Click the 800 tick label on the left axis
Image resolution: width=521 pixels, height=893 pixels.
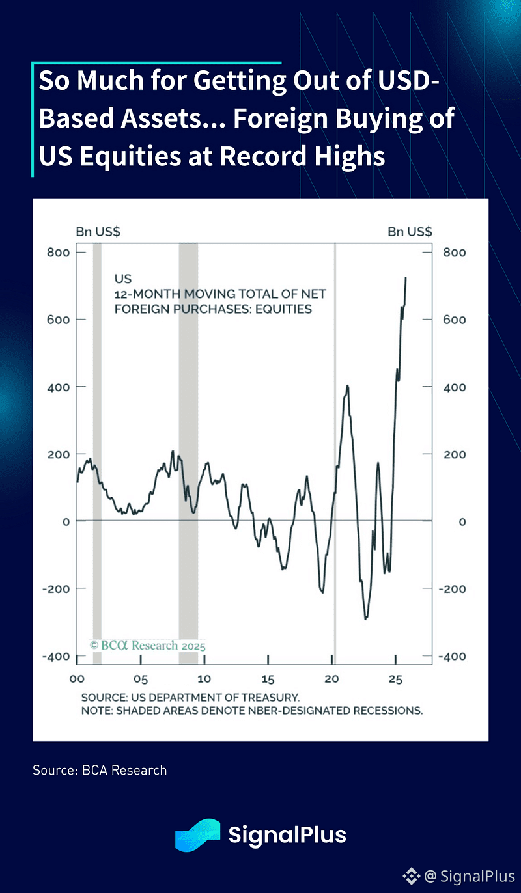[57, 252]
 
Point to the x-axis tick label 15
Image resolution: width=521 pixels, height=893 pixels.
[268, 679]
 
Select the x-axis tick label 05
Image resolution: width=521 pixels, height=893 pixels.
[140, 679]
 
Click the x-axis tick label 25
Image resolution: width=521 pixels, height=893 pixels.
[395, 679]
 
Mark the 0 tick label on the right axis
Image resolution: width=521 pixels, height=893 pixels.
[461, 521]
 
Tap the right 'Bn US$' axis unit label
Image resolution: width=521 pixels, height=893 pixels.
[410, 231]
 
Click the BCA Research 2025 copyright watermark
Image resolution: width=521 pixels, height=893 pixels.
[147, 646]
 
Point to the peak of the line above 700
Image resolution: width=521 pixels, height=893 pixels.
[406, 278]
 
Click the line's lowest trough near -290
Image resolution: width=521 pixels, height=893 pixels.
[366, 618]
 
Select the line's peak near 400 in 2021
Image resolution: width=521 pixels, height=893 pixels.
[347, 386]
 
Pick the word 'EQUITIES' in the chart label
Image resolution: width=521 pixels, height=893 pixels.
[283, 309]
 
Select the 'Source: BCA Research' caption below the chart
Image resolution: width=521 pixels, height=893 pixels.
[100, 770]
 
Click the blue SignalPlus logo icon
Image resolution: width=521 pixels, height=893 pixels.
[197, 835]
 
